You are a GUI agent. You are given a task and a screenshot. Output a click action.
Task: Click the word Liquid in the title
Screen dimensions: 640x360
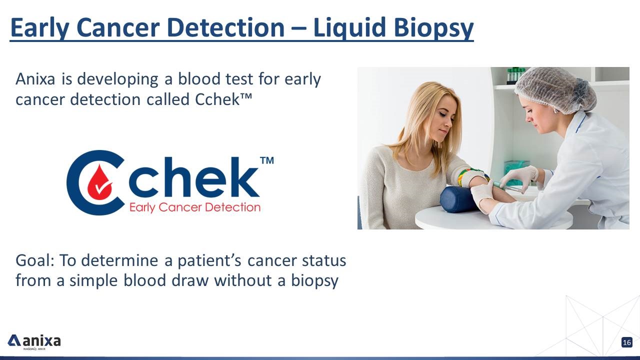pyautogui.click(x=349, y=27)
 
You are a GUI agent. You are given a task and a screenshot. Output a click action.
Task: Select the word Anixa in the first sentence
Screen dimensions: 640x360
pyautogui.click(x=35, y=79)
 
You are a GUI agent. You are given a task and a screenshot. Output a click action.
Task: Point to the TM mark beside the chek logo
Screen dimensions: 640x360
pyautogui.click(x=267, y=160)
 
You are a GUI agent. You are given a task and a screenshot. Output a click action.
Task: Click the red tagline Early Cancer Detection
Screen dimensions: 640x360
pyautogui.click(x=195, y=207)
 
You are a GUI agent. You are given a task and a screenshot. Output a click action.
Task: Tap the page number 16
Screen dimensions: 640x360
pyautogui.click(x=627, y=342)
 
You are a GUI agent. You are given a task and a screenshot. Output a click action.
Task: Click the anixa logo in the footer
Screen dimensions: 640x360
pyautogui.click(x=34, y=341)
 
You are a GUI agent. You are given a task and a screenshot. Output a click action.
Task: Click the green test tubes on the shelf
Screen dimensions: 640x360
pyautogui.click(x=515, y=75)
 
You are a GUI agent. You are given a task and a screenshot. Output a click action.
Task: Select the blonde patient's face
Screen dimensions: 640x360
pyautogui.click(x=444, y=117)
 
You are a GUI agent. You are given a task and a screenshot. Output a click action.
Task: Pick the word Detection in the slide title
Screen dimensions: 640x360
pyautogui.click(x=226, y=27)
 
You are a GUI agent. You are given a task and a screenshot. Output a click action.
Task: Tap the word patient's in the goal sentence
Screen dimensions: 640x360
pyautogui.click(x=209, y=261)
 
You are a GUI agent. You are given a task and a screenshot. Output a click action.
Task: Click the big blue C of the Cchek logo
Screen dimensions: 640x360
pyautogui.click(x=95, y=182)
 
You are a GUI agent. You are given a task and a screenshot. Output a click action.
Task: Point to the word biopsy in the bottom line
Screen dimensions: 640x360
pyautogui.click(x=314, y=281)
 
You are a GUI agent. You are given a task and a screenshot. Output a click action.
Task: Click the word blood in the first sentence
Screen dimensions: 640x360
pyautogui.click(x=199, y=79)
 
